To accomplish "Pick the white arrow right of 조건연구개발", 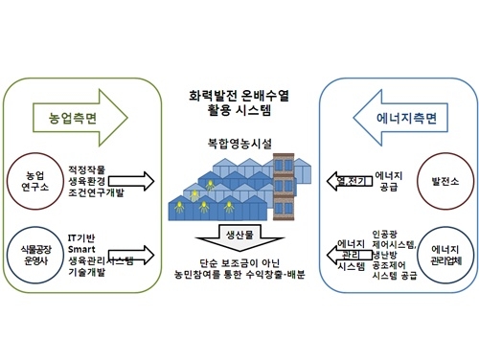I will (x=153, y=180).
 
